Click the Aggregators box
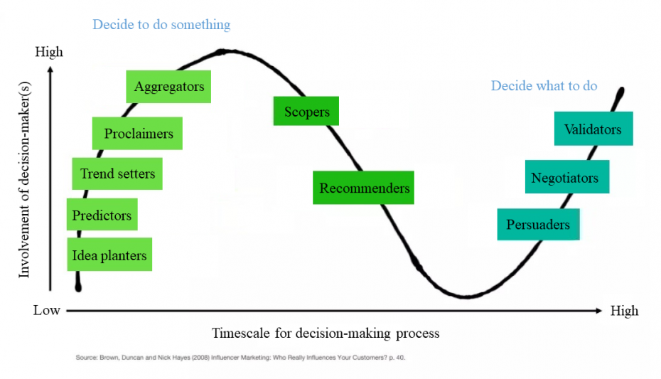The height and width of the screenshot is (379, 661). [x=168, y=87]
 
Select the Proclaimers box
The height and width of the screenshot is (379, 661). [x=137, y=133]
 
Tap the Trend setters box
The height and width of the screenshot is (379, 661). [x=117, y=174]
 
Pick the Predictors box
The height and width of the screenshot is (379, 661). [x=102, y=214]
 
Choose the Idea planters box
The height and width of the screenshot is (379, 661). [x=109, y=255]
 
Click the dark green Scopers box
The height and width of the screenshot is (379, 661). [x=306, y=111]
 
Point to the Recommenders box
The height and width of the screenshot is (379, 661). [x=363, y=188]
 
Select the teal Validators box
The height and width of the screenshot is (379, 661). [x=593, y=129]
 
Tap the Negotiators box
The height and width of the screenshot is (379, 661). [x=567, y=176]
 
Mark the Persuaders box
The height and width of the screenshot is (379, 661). [x=538, y=224]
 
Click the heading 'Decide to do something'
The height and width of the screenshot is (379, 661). [x=161, y=24]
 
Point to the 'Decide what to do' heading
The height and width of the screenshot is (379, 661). [x=544, y=85]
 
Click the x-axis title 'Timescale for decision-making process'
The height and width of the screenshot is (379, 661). [x=326, y=333]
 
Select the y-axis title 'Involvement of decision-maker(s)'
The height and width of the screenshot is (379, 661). [x=24, y=180]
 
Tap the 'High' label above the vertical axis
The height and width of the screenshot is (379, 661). [x=49, y=52]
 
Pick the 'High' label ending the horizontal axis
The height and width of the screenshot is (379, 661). [x=624, y=311]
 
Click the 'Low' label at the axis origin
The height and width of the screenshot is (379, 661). [x=47, y=310]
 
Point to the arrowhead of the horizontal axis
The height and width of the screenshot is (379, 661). [x=599, y=311]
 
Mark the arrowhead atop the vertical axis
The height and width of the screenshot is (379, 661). [x=50, y=70]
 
